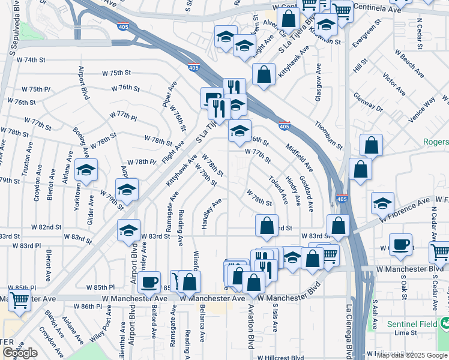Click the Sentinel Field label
(413, 324)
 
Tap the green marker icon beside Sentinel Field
(445, 324)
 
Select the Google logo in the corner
(20, 353)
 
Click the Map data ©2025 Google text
(412, 355)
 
